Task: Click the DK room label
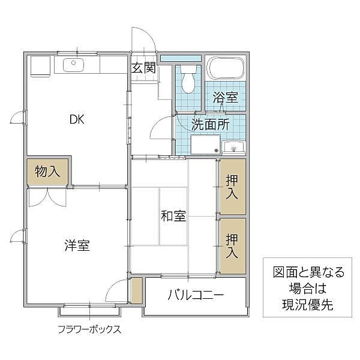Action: pos(76,119)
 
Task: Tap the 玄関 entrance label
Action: pos(143,68)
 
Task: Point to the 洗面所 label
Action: pos(210,125)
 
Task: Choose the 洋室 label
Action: pos(77,245)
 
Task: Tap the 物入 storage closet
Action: pos(47,172)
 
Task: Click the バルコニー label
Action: pos(196,295)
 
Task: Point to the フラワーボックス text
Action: pos(89,329)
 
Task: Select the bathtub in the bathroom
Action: pos(225,71)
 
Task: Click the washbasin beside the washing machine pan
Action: pos(233,146)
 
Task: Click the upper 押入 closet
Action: pos(232,186)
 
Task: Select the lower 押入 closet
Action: pos(232,245)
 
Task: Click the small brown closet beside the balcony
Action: pos(136,290)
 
